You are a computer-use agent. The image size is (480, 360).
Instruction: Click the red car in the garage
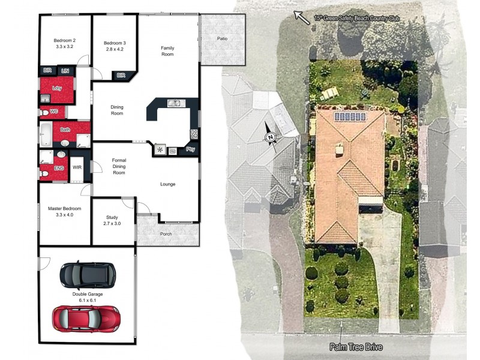tap(86, 318)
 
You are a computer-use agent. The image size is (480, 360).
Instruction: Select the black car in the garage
tap(88, 275)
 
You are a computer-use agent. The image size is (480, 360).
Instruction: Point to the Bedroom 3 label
tap(115, 46)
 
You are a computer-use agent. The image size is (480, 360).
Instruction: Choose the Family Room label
tap(167, 51)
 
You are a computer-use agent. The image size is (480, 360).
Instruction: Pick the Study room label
tap(112, 220)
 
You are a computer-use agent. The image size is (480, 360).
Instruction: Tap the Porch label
tap(166, 234)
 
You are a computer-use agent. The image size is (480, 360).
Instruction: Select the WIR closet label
tap(77, 167)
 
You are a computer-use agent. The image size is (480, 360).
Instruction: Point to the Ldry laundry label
tap(57, 88)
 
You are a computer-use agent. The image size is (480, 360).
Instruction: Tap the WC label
tap(54, 112)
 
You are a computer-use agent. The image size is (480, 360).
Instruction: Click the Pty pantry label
tap(191, 149)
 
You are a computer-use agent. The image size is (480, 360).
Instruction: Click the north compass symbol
tap(271, 137)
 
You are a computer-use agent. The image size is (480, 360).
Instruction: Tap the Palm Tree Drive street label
tap(355, 347)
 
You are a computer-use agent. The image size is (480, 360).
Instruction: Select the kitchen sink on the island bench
tap(175, 103)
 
